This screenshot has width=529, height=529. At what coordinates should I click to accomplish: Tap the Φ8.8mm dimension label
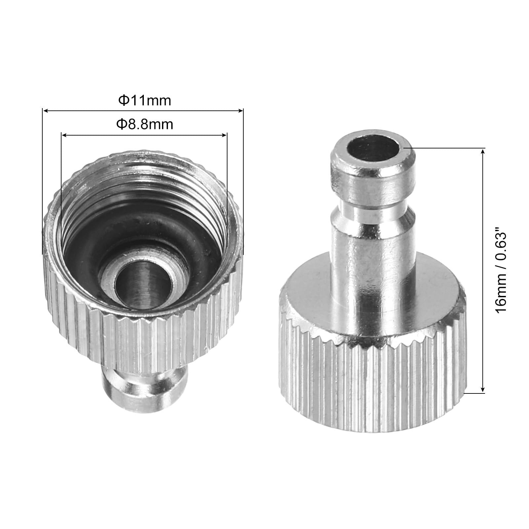pyautogui.click(x=144, y=125)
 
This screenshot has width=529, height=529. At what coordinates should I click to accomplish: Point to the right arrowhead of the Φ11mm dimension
pyautogui.click(x=240, y=111)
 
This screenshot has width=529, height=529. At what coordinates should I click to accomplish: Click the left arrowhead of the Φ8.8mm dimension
pyautogui.click(x=65, y=135)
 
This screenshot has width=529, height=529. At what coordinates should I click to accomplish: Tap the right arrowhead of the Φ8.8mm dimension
pyautogui.click(x=224, y=135)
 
